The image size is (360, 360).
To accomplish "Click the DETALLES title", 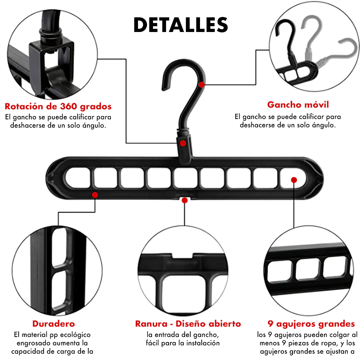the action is pyautogui.click(x=181, y=25).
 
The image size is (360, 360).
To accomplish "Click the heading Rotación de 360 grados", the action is pyautogui.click(x=58, y=106).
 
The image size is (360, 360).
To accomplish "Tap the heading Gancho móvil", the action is pyautogui.click(x=298, y=105).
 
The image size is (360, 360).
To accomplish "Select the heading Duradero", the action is pyautogui.click(x=54, y=324).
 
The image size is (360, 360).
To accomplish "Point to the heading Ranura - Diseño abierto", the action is pyautogui.click(x=188, y=324).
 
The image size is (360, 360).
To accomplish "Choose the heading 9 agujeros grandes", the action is pyautogui.click(x=311, y=324).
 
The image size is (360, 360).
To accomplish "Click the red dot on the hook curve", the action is pyautogui.click(x=202, y=85).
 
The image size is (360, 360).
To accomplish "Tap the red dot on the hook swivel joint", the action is pyautogui.click(x=183, y=143).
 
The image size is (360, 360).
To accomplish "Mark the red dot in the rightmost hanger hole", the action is pyautogui.click(x=294, y=180).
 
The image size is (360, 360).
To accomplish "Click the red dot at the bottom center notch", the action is pyautogui.click(x=185, y=200).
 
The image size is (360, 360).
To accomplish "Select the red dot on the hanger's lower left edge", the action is pyautogui.click(x=95, y=195).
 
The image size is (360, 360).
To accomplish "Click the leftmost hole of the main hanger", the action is pyautogui.click(x=78, y=178).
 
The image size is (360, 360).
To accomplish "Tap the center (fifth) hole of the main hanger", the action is pyautogui.click(x=186, y=178).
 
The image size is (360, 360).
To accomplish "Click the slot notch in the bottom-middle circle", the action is pyautogui.click(x=183, y=255).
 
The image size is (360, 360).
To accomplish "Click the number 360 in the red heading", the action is pyautogui.click(x=68, y=106).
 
